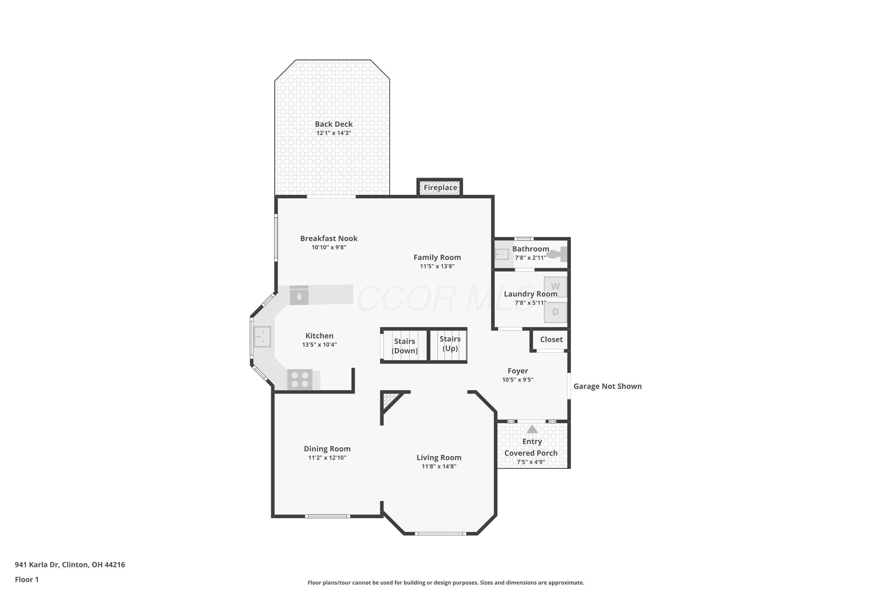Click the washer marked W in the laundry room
(555, 287)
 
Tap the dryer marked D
(555, 312)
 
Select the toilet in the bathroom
(557, 254)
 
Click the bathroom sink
(502, 254)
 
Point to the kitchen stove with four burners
(300, 380)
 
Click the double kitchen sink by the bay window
(263, 336)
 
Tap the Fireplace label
(440, 187)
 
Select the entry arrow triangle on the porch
(532, 429)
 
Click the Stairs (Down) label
(405, 346)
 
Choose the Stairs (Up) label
(450, 343)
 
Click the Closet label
(552, 339)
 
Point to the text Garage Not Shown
(607, 386)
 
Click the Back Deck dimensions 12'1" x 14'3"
(334, 133)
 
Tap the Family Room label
(437, 257)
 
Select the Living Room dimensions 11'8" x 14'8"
(439, 466)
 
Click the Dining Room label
(327, 449)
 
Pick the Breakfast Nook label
(329, 238)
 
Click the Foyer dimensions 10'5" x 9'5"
(518, 380)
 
